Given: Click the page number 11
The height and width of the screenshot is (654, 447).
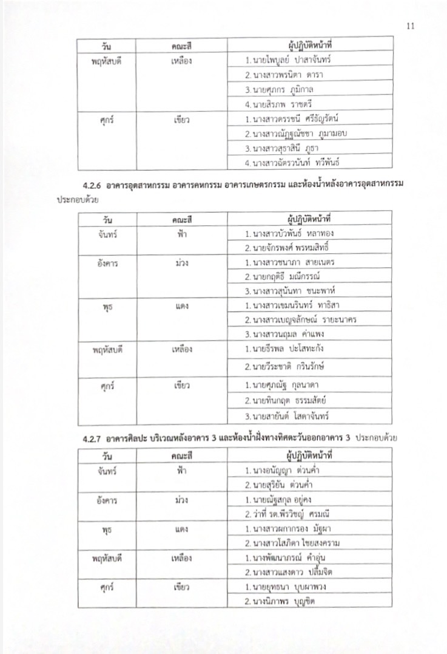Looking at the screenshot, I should [x=411, y=26].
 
